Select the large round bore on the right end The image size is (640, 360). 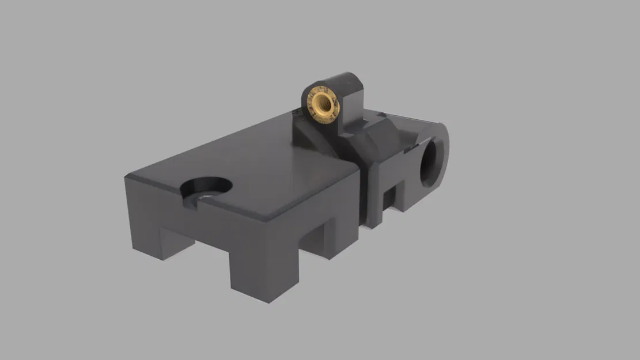[x=431, y=164]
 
